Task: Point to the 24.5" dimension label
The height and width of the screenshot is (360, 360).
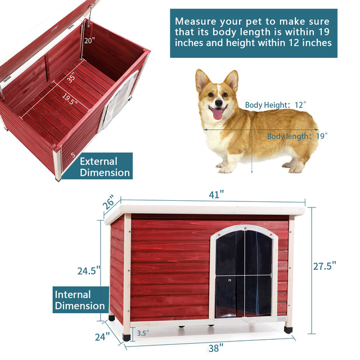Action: [89, 270]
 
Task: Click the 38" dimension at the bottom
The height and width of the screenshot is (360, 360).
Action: [215, 348]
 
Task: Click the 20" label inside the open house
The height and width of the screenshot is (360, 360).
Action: [90, 40]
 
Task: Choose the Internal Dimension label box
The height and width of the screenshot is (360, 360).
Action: [80, 300]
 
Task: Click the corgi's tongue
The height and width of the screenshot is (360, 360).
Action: [217, 114]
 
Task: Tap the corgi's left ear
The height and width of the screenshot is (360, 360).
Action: [201, 80]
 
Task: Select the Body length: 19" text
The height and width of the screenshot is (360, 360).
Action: [297, 136]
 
